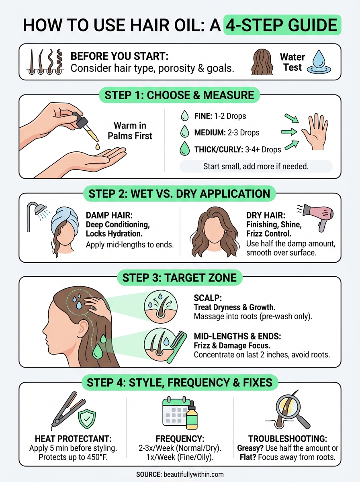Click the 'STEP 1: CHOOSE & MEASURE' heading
[179, 95]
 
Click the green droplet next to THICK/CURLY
[184, 149]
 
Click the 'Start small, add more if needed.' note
[256, 166]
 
